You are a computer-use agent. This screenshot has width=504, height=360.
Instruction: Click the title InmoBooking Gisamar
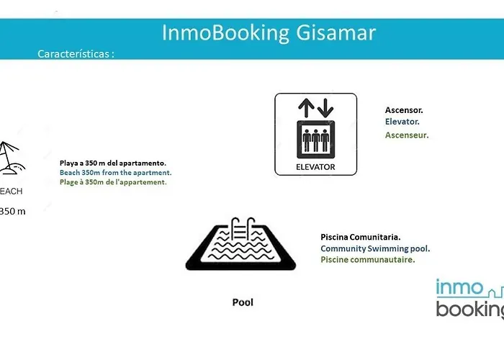point(269,33)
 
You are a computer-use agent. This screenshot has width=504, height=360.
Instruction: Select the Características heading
point(76,54)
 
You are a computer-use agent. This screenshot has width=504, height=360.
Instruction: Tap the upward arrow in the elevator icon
point(306,108)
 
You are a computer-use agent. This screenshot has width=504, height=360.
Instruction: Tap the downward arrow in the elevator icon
point(325,108)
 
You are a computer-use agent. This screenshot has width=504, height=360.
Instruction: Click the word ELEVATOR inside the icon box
point(315,167)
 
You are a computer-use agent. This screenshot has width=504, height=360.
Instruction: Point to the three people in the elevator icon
point(315,140)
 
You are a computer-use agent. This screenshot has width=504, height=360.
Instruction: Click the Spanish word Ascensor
point(404,110)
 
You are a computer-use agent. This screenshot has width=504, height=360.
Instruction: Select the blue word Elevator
point(402,122)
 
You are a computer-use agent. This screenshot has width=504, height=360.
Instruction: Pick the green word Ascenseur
point(407,135)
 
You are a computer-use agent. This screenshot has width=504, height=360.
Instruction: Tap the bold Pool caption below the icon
point(243,302)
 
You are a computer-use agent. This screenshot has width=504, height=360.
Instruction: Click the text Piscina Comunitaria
point(360,237)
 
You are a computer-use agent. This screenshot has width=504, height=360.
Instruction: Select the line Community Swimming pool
point(375,248)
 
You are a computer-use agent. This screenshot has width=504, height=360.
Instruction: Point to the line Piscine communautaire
point(368,259)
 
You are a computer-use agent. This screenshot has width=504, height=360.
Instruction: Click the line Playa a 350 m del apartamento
point(113,163)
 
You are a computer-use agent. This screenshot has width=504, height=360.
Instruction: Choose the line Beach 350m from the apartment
point(116,173)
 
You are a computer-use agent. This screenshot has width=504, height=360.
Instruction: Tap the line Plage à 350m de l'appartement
point(113,182)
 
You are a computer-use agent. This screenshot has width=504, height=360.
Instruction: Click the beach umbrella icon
point(11,158)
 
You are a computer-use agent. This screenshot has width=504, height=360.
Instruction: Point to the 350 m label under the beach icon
point(12,211)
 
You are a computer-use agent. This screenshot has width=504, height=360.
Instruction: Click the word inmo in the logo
point(459,287)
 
